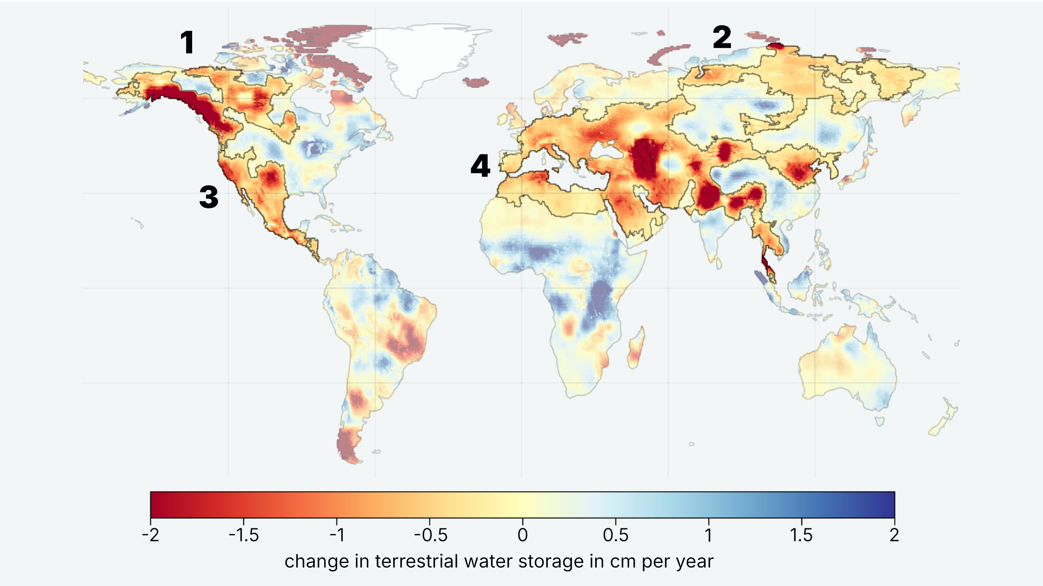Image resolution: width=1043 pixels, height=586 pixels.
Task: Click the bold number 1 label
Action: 187,43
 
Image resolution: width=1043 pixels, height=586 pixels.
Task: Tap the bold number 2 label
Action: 722,37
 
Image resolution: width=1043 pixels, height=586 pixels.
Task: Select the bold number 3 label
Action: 209,198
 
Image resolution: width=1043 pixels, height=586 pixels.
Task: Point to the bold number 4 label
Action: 480,166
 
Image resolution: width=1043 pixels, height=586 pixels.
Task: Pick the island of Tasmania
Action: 879,422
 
